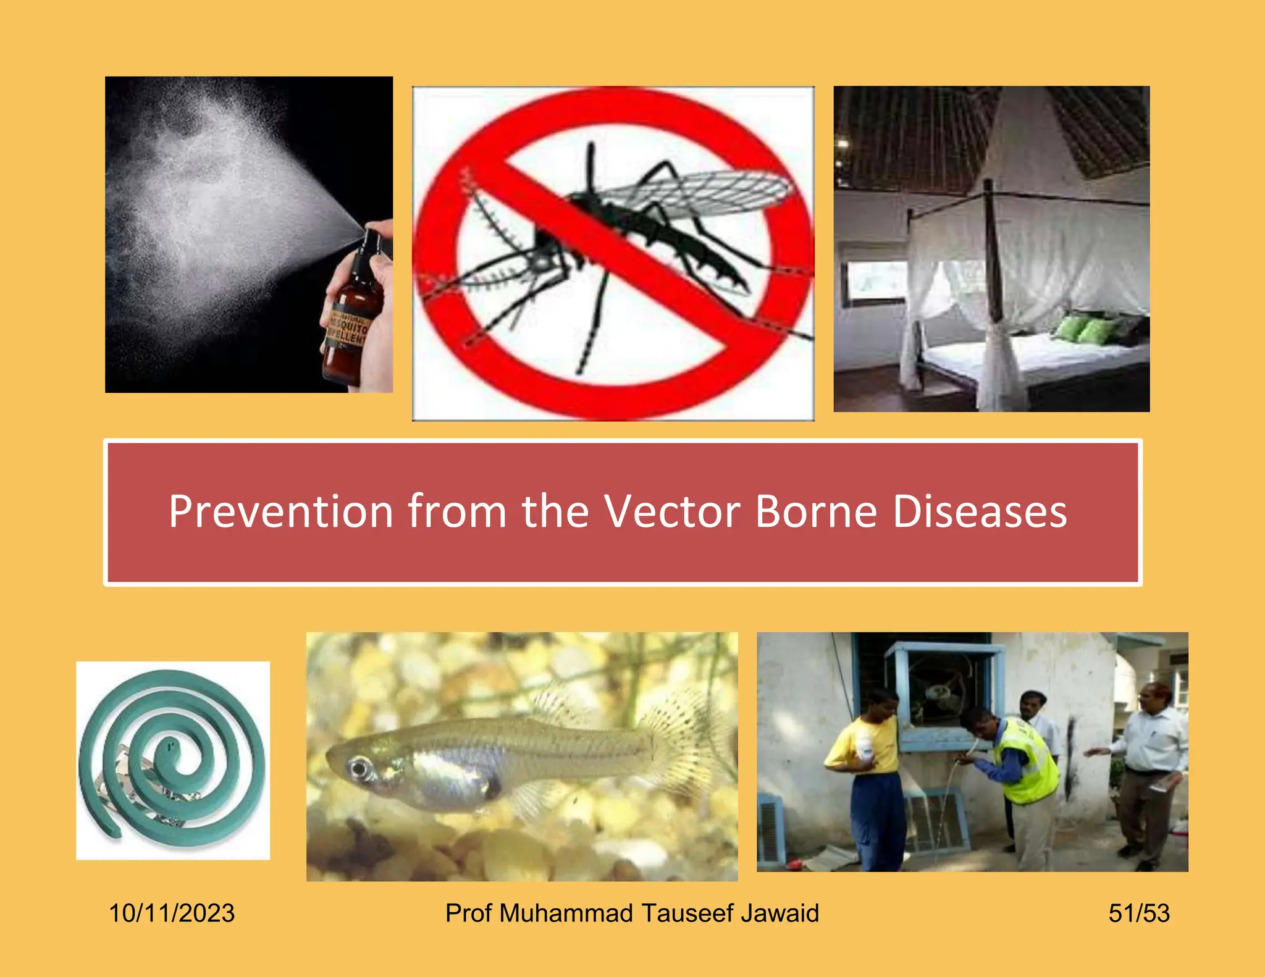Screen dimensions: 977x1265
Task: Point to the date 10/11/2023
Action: (172, 913)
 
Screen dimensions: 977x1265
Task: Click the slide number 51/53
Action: (1139, 913)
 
